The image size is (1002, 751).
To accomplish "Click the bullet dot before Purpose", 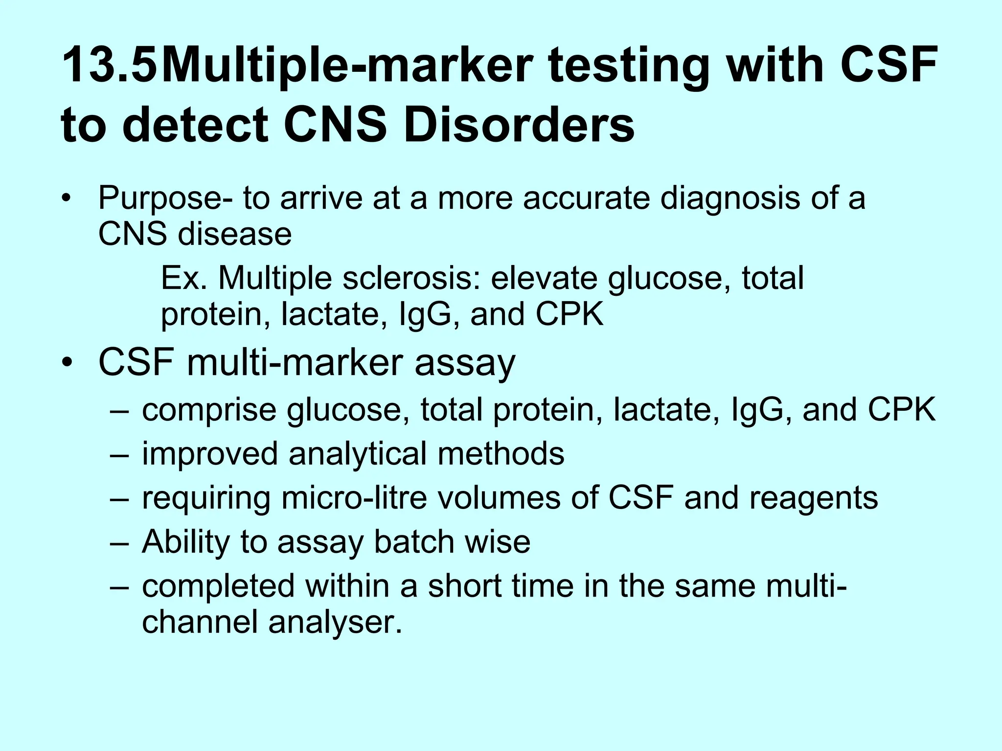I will pyautogui.click(x=67, y=199).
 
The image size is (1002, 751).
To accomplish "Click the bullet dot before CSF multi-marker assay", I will pyautogui.click(x=67, y=364).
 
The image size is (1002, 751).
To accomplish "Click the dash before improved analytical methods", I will pyautogui.click(x=119, y=454).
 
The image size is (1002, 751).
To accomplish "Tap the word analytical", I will pyautogui.click(x=358, y=454).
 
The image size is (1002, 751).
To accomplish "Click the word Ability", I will pyautogui.click(x=185, y=542).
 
